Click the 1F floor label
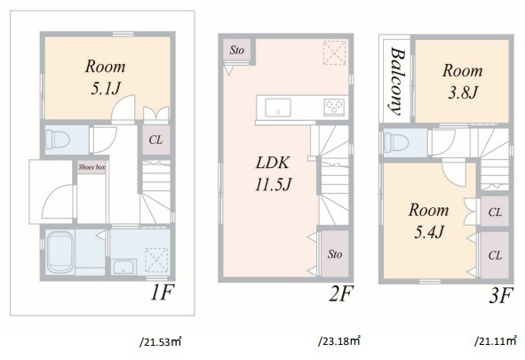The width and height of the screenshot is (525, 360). tap(163, 292)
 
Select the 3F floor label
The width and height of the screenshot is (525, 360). tap(501, 295)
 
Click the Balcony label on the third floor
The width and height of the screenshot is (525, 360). tap(397, 81)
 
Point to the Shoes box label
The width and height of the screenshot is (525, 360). tap(91, 167)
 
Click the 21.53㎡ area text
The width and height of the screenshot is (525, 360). tap(161, 342)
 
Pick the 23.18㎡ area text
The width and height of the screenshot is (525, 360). tap(339, 341)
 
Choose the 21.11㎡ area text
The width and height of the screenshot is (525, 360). tap(496, 341)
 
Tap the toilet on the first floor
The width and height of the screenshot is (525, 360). tap(57, 140)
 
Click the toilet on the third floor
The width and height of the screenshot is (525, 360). tap(396, 143)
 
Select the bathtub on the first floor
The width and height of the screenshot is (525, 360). tap(60, 252)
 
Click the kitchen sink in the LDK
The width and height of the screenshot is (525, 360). tap(278, 108)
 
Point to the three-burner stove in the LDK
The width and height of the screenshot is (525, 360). tap(334, 108)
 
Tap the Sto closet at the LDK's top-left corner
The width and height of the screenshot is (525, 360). tap(236, 51)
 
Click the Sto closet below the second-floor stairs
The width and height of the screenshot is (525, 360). tap(335, 253)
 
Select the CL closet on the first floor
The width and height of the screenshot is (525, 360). tap(156, 140)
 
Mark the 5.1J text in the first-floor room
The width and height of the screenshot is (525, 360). tap(105, 89)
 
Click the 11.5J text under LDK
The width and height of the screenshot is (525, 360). tap(274, 185)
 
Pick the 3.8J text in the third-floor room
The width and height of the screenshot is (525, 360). tap(463, 92)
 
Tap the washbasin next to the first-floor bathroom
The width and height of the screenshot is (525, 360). tap(123, 267)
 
